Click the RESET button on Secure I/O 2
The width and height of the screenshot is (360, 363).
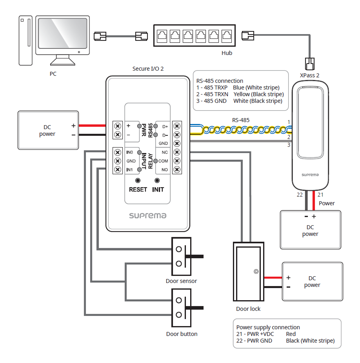click(138, 181)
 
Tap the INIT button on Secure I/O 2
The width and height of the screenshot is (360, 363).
click(158, 181)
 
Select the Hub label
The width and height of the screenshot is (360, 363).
click(227, 53)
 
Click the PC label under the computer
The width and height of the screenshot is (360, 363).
click(53, 74)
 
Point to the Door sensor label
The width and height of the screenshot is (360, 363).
click(181, 281)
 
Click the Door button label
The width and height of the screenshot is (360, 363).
click(182, 334)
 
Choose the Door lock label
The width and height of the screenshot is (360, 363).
click(248, 309)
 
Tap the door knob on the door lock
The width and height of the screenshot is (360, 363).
click(256, 271)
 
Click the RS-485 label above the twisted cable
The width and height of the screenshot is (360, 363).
click(240, 120)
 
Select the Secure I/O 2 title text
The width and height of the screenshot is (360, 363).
click(148, 69)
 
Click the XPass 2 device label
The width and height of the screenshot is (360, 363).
click(309, 74)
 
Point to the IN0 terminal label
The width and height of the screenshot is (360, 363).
click(130, 152)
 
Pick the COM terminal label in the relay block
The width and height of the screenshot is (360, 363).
click(163, 161)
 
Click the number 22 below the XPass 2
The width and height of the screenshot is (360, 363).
click(300, 195)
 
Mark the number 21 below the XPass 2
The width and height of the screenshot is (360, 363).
click(320, 195)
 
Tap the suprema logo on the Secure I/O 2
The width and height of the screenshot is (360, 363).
click(148, 215)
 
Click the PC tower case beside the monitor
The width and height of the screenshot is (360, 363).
click(25, 40)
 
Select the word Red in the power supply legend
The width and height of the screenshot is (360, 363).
click(291, 334)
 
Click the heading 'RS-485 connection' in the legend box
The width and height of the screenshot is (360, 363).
click(220, 81)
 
